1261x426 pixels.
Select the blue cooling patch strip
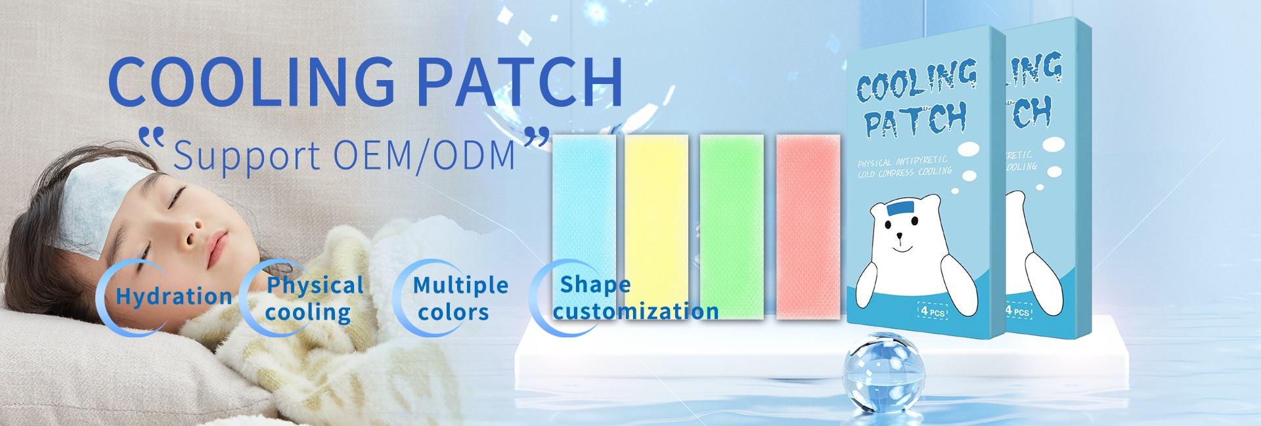[x=583, y=227]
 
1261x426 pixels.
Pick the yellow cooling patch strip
[x=657, y=227]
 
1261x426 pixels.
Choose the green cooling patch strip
[x=732, y=227]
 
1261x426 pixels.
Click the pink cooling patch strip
[x=808, y=227]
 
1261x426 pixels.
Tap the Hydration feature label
[x=173, y=296]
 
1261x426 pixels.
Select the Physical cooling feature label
[x=314, y=299]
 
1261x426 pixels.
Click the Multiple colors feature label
[x=460, y=299]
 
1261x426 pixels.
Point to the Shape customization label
[x=636, y=299]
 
